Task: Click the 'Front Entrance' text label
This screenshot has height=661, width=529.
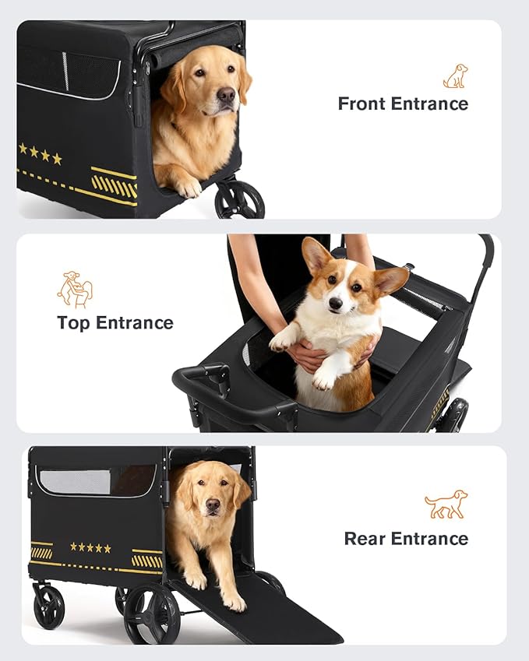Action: pyautogui.click(x=403, y=104)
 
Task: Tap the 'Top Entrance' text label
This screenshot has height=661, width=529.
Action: pyautogui.click(x=115, y=322)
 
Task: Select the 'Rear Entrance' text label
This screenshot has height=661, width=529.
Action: pyautogui.click(x=406, y=538)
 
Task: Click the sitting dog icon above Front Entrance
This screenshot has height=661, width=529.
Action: pyautogui.click(x=455, y=76)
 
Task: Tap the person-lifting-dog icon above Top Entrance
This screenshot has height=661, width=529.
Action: pyautogui.click(x=75, y=289)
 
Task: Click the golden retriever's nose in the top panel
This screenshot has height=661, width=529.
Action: pyautogui.click(x=226, y=96)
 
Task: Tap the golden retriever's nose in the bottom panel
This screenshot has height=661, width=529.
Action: pyautogui.click(x=212, y=508)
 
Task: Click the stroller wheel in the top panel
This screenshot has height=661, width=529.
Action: pyautogui.click(x=239, y=200)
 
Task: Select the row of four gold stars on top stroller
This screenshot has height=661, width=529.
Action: pyautogui.click(x=41, y=153)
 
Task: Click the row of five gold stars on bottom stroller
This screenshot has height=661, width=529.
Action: pyautogui.click(x=90, y=548)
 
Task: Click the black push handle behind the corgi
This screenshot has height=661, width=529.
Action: pyautogui.click(x=485, y=257)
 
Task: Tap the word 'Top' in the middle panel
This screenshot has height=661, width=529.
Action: pyautogui.click(x=75, y=322)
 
